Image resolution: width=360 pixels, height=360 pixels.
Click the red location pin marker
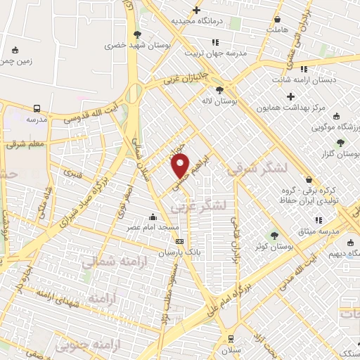click(181, 166)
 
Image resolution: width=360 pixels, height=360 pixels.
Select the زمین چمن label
click(15, 62)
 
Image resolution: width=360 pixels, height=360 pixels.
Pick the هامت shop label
click(278, 31)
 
